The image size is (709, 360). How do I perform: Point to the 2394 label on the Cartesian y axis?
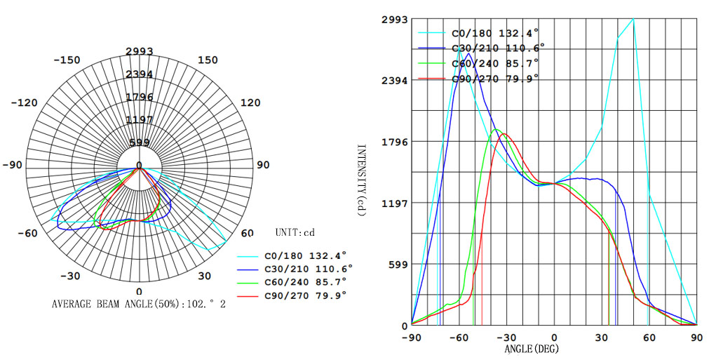(x=394, y=81)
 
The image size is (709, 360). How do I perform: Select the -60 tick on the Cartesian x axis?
(x=459, y=338)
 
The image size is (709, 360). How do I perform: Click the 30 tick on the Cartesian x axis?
(x=602, y=338)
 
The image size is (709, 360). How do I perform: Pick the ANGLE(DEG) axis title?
(x=532, y=348)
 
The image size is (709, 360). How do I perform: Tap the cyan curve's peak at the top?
(x=633, y=20)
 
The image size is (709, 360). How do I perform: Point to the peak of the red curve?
(x=504, y=134)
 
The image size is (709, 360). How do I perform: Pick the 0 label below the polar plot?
(x=139, y=291)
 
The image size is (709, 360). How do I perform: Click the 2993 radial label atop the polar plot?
(x=140, y=51)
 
